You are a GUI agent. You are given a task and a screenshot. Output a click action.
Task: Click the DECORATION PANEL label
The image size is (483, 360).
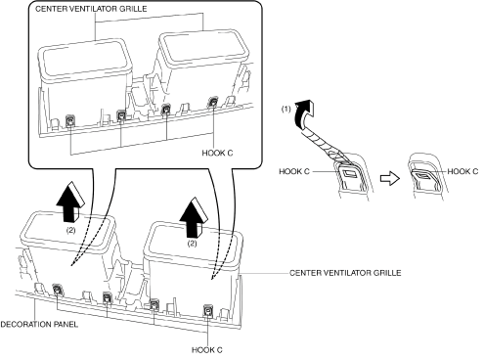(39, 324)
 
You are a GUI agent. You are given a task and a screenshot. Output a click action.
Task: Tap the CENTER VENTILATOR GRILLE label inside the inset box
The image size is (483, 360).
(91, 9)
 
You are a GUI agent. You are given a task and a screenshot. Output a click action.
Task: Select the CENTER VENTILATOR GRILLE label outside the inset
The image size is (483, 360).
(345, 273)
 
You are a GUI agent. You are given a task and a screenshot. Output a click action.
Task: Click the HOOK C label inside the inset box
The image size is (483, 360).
(217, 153)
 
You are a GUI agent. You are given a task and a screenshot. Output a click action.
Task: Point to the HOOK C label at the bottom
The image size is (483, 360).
(207, 350)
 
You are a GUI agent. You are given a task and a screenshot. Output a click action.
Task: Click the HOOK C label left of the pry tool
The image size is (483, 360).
(294, 171)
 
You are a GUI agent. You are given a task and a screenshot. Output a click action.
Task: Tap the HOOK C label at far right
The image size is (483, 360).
(462, 171)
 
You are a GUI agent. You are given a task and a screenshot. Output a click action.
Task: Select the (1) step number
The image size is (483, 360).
(285, 110)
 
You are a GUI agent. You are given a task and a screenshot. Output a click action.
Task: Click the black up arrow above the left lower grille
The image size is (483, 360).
(70, 203)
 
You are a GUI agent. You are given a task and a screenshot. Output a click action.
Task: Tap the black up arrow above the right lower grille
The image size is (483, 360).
(194, 218)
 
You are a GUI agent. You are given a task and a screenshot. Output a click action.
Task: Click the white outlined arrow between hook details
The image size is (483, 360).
(390, 179)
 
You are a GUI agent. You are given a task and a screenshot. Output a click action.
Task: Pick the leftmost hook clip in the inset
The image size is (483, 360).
(70, 121)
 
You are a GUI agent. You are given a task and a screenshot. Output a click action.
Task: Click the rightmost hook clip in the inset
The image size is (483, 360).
(213, 102)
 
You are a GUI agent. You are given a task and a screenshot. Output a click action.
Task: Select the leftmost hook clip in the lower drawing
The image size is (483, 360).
(57, 290)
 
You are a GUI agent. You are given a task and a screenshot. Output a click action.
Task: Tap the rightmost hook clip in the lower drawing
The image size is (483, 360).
(207, 310)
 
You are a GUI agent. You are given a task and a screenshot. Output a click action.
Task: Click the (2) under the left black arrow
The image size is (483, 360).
(70, 230)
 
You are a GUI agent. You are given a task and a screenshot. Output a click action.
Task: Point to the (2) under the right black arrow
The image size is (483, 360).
(193, 244)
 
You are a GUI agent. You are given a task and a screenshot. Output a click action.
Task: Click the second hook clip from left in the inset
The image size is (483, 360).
(121, 114)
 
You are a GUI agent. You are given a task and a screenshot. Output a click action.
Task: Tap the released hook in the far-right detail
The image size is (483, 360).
(424, 175)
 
